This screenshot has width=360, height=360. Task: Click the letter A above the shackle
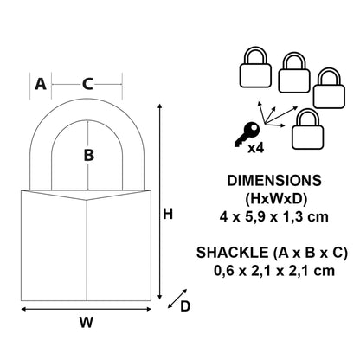40,84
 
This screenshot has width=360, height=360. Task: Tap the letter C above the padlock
87,84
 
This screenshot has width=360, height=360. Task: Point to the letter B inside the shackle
87,156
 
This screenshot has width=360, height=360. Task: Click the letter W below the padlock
86,323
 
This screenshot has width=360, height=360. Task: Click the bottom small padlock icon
306,130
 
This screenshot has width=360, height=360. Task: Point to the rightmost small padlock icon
328,90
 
